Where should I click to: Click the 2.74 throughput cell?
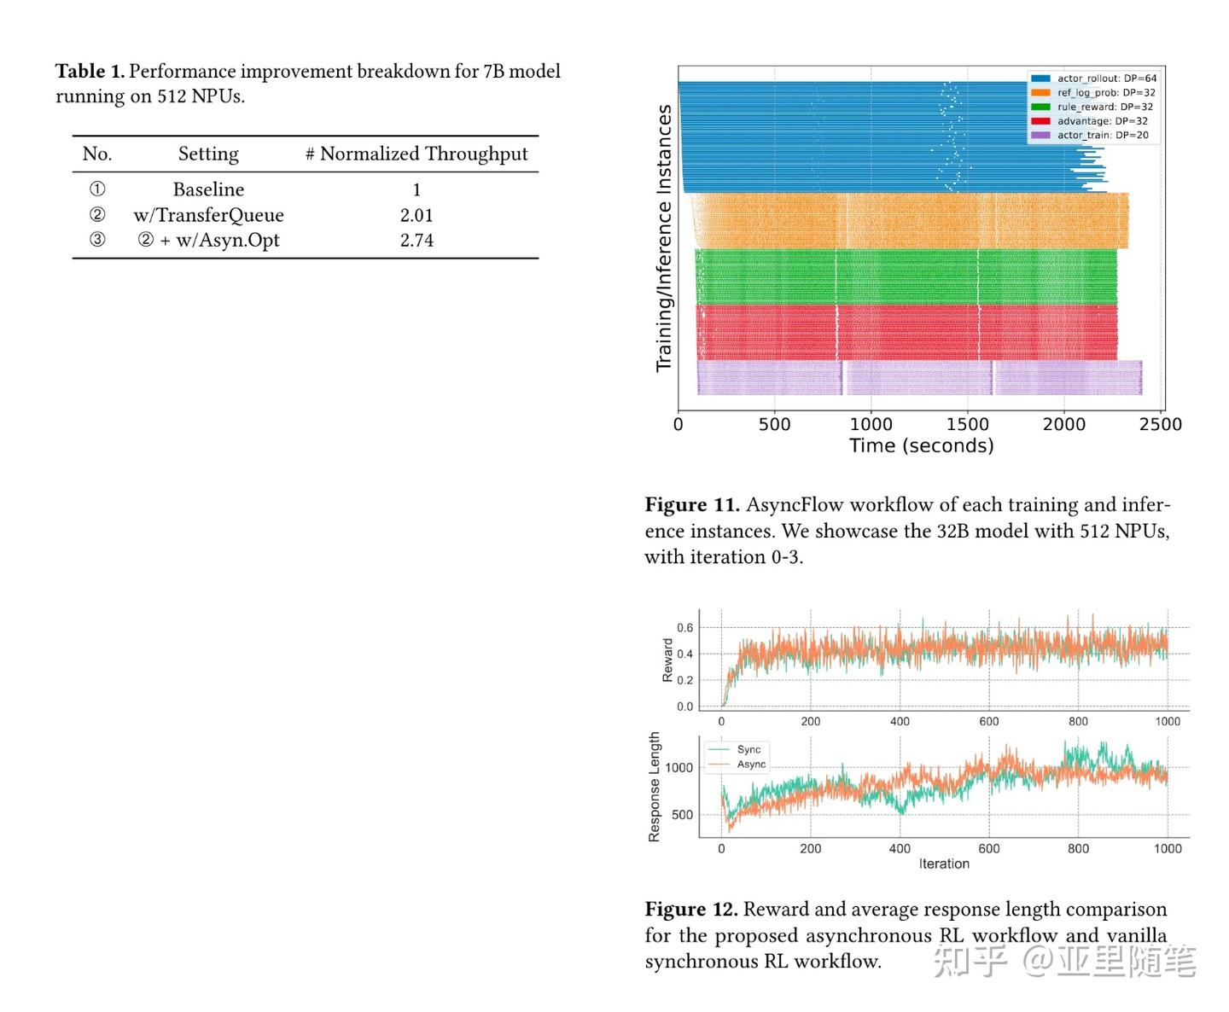tap(416, 241)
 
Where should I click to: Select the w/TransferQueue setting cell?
tap(208, 215)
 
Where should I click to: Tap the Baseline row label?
tap(208, 189)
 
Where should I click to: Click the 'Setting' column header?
tap(208, 154)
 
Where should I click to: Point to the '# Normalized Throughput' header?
tap(416, 154)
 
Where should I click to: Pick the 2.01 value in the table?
tap(416, 215)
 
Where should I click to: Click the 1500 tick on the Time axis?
tap(967, 424)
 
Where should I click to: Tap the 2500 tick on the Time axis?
tap(1160, 424)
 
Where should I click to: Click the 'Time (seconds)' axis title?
tap(921, 445)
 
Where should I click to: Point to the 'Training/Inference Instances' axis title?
tap(664, 239)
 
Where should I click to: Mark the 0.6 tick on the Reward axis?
tap(684, 628)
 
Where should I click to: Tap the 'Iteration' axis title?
tap(944, 864)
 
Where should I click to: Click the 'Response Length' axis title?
tap(655, 787)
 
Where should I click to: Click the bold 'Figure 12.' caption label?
tap(691, 910)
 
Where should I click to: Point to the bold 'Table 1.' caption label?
tap(90, 72)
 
